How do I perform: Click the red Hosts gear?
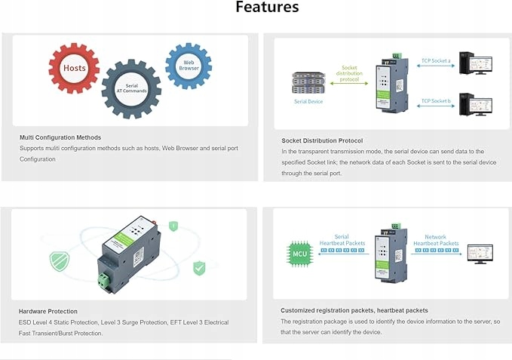(74, 68)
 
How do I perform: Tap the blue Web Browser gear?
(188, 66)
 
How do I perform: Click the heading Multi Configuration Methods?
(60, 137)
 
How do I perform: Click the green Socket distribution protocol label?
(349, 73)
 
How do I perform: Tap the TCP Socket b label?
(435, 100)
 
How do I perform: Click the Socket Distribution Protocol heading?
(322, 140)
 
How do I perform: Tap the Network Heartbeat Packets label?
(441, 240)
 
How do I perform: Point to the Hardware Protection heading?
(48, 311)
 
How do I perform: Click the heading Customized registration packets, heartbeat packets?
(354, 310)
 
